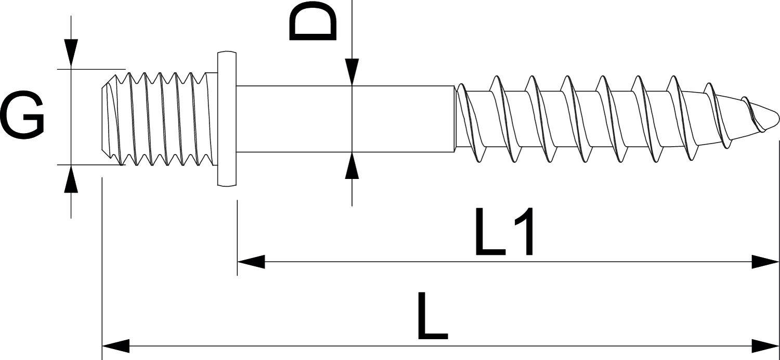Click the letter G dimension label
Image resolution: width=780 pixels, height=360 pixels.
pyautogui.click(x=22, y=115)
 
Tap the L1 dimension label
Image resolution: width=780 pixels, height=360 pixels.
pyautogui.click(x=504, y=232)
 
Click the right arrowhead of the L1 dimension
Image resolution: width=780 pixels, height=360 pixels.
pyautogui.click(x=765, y=262)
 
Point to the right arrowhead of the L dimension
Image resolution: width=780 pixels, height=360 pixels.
pyautogui.click(x=765, y=345)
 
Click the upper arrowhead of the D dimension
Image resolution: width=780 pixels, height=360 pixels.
pyautogui.click(x=352, y=72)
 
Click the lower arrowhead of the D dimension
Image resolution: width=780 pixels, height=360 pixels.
pyautogui.click(x=352, y=166)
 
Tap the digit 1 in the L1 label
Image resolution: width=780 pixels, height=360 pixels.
pyautogui.click(x=522, y=232)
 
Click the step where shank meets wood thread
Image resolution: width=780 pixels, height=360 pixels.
pyautogui.click(x=454, y=119)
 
